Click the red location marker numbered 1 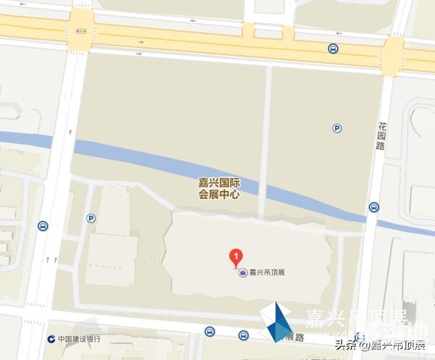point(235,256)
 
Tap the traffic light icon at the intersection point(80,32)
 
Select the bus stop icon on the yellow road point(332,49)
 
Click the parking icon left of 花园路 point(337,128)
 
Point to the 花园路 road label point(381,135)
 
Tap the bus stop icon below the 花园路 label point(373,207)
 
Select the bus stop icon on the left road point(43,226)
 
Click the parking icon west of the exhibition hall point(91,217)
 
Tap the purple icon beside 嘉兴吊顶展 point(241,273)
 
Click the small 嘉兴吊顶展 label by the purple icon point(267,273)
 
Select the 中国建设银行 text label point(79,339)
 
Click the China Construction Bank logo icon point(51,339)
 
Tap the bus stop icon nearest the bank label point(209,332)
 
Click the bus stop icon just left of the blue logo point(244,335)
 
